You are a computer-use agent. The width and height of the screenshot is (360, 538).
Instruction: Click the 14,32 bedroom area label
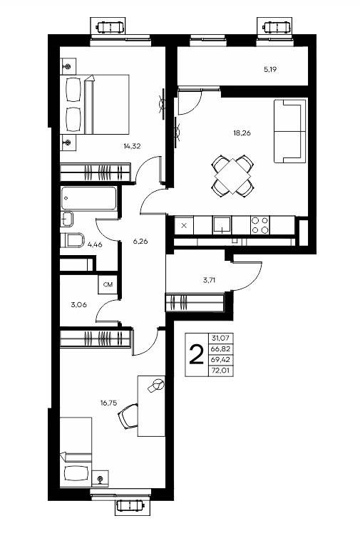(x=132, y=146)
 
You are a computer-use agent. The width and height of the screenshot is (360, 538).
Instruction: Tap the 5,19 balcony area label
(x=270, y=69)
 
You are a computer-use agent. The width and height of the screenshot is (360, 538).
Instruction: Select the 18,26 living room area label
(x=242, y=133)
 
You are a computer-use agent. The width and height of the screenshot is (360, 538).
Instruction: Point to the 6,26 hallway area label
(x=140, y=241)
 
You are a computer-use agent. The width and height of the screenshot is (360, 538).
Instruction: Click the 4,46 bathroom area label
(x=95, y=244)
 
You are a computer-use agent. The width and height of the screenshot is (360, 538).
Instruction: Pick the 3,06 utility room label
(x=78, y=304)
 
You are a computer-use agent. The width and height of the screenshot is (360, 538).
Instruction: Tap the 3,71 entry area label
(x=209, y=280)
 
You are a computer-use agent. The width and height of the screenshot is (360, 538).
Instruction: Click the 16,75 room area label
(x=108, y=403)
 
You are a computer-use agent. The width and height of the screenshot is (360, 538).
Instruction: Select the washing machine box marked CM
(x=108, y=285)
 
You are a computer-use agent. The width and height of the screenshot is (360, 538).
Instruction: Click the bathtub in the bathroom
(x=88, y=198)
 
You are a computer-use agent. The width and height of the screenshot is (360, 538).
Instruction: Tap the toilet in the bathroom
(x=73, y=240)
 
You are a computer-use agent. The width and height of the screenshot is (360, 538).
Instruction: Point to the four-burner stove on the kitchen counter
(x=260, y=225)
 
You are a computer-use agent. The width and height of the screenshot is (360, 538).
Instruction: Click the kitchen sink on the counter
(x=222, y=225)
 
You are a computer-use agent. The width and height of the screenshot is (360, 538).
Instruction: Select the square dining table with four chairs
(x=233, y=176)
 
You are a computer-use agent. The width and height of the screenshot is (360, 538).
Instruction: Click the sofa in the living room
(x=290, y=130)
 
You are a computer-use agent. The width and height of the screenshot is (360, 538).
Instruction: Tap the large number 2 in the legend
(x=196, y=355)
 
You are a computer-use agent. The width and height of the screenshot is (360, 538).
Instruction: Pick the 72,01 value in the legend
(x=221, y=371)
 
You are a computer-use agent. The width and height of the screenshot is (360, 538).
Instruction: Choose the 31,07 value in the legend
(x=220, y=338)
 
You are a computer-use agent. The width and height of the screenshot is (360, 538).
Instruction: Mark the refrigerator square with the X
(x=185, y=225)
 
